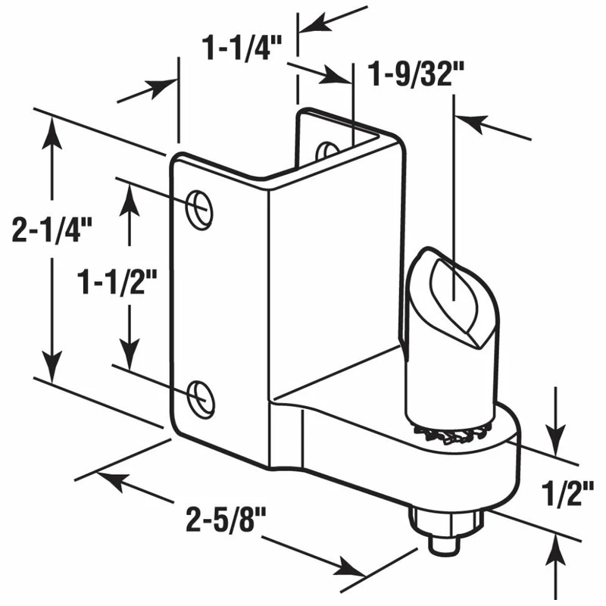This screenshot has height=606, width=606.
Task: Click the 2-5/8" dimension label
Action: (x=228, y=523)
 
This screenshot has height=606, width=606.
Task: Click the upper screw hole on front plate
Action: (x=199, y=207)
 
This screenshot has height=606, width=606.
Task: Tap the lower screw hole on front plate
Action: (x=201, y=396)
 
